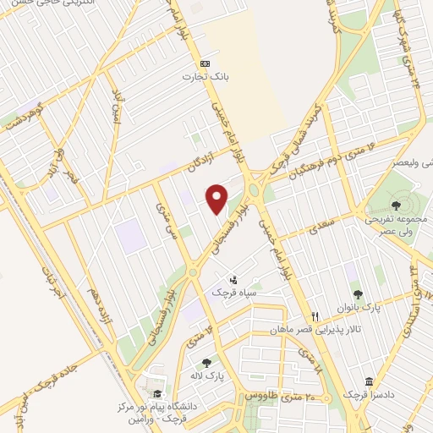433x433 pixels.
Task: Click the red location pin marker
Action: (x=217, y=199)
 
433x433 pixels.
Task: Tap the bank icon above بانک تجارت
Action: (x=204, y=63)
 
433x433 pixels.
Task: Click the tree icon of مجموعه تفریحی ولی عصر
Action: (x=397, y=203)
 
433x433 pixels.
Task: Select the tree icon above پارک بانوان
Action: (x=358, y=293)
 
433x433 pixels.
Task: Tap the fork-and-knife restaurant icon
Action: (x=315, y=312)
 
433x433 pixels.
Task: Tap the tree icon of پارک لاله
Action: (x=206, y=362)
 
